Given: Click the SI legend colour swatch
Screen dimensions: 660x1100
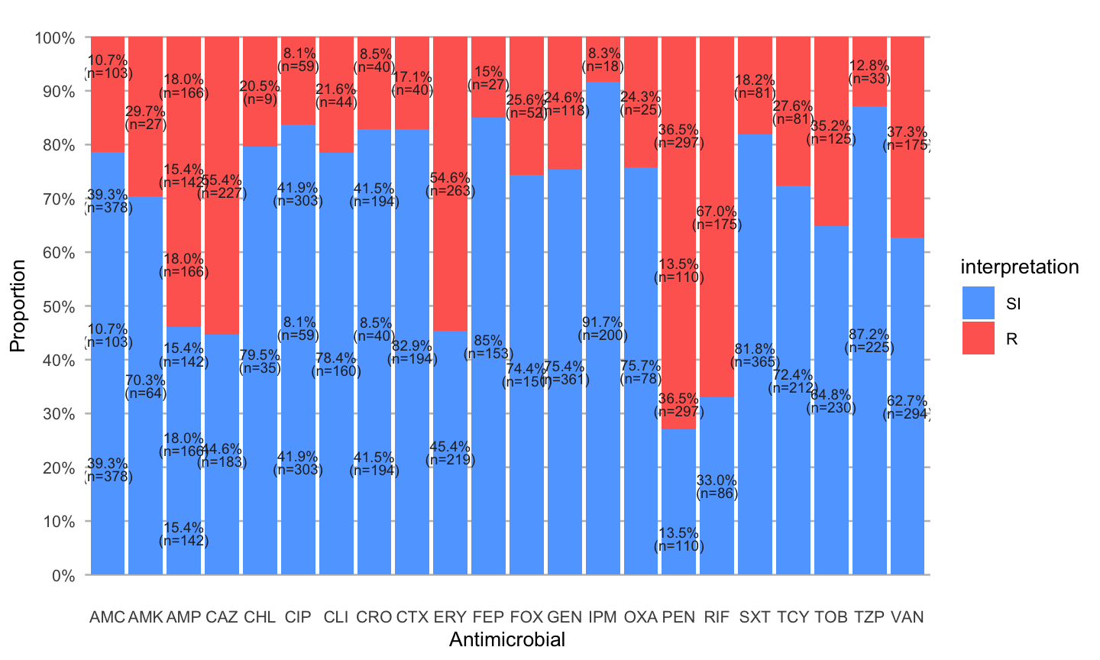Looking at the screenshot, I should pos(979,303).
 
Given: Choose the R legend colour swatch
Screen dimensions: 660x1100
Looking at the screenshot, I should pos(979,338).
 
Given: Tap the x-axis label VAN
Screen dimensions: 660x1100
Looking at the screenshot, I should pos(907,617).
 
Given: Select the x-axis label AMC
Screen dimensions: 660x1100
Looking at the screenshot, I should pos(107,617).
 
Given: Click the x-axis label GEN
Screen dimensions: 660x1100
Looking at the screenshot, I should pos(565,617).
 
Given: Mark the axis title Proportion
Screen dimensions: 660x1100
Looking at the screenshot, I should pos(18,306).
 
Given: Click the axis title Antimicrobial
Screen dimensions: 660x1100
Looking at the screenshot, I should pos(507,640).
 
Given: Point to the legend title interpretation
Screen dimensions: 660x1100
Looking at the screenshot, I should pos(1019,267).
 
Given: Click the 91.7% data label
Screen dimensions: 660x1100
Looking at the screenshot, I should pos(603,322).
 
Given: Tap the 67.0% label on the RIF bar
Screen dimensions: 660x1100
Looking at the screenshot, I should pos(717,212).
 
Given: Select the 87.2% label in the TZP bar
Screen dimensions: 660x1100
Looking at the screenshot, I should pos(869,335).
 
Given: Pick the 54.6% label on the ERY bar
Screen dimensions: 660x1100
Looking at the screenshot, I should pos(451,178).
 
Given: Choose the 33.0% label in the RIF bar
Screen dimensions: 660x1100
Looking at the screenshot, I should pos(717,480).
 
